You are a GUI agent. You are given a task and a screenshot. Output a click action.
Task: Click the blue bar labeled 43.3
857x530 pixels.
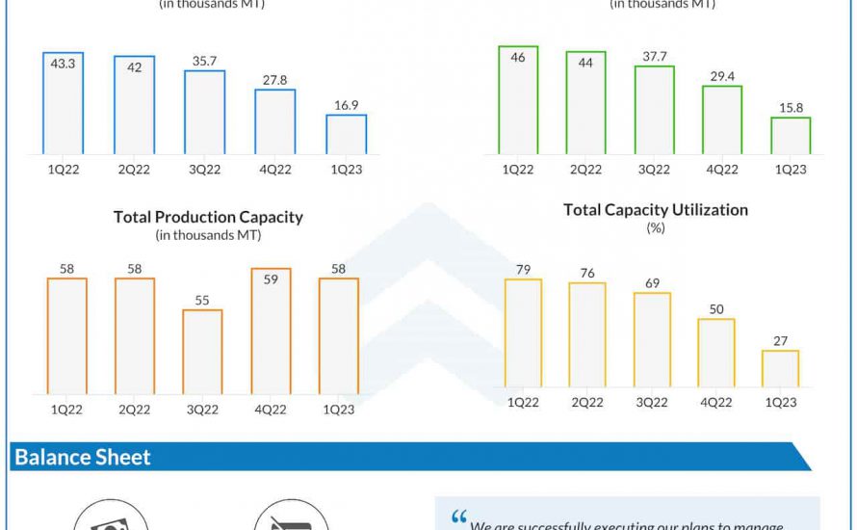[63, 103]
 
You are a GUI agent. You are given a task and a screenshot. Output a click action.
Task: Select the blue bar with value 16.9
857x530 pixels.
[346, 134]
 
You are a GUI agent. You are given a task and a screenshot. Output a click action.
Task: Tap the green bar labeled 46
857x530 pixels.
[518, 100]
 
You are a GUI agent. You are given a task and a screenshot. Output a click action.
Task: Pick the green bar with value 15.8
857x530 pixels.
[791, 136]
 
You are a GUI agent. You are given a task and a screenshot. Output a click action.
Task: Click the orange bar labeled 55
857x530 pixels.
[202, 352]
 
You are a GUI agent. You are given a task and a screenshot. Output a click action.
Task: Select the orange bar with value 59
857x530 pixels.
[271, 331]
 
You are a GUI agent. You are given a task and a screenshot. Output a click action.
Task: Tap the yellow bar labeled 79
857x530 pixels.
[523, 333]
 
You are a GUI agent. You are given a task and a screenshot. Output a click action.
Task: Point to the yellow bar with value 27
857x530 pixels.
[780, 369]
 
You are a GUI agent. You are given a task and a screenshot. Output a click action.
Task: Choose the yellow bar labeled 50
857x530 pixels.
[715, 353]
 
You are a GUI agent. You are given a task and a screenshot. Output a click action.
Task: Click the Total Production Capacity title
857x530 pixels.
[208, 217]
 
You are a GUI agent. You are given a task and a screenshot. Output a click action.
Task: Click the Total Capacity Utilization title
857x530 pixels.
[655, 209]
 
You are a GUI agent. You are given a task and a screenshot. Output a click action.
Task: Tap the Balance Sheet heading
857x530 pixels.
[83, 457]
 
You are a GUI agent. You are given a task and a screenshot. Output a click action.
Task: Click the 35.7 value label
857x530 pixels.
[204, 60]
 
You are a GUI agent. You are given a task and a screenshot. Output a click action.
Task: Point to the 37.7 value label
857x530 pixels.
[654, 56]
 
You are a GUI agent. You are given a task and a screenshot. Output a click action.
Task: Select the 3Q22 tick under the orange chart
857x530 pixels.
[202, 410]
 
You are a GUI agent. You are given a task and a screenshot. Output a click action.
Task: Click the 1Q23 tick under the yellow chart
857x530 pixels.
[780, 403]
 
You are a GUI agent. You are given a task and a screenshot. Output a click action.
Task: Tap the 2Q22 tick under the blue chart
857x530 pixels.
[134, 170]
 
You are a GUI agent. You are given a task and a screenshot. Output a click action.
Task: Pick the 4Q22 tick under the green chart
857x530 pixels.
[722, 170]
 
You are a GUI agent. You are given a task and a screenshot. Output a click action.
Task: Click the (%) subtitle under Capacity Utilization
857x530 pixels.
[655, 228]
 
